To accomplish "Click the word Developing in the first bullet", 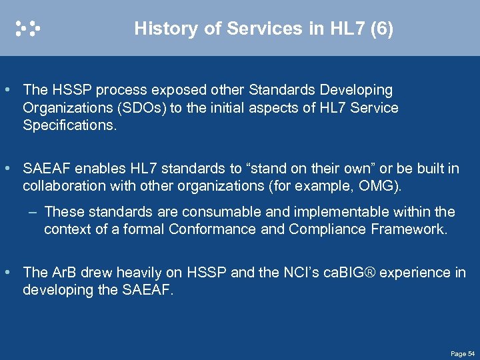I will [360, 90].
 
